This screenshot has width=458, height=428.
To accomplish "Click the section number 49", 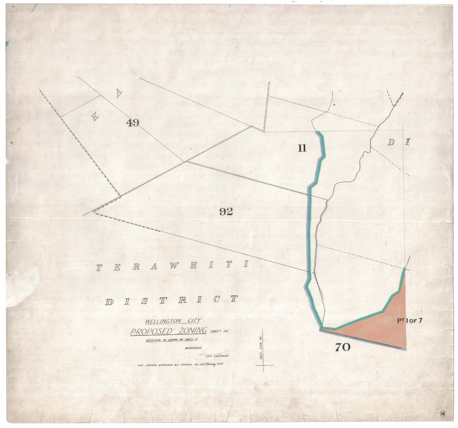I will tap(133, 123).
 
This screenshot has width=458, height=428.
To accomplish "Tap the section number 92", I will tap(226, 212).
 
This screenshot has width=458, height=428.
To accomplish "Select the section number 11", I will tap(302, 148).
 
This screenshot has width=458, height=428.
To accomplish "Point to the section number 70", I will tap(343, 347).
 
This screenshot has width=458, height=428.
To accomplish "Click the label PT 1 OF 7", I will tap(410, 321).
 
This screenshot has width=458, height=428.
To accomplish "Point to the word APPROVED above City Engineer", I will tap(193, 348).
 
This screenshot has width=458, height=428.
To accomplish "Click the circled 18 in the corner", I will tap(443, 414).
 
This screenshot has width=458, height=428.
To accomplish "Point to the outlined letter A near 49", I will tap(119, 94).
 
